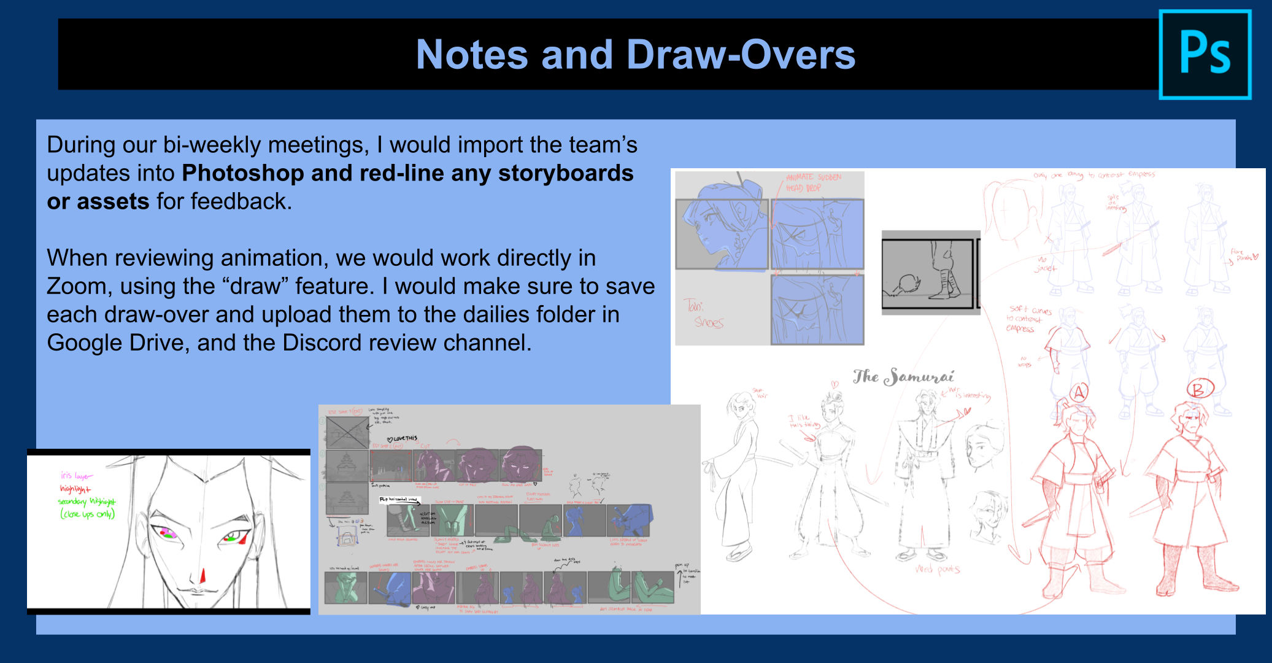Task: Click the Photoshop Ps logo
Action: [x=1205, y=55]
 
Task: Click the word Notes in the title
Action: [x=471, y=55]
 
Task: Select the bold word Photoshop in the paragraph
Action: [x=242, y=173]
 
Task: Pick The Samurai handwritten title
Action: [x=903, y=376]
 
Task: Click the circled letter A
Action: [x=1079, y=392]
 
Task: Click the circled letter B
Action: [x=1197, y=389]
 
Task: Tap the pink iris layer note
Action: [x=76, y=476]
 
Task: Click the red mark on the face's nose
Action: [x=203, y=576]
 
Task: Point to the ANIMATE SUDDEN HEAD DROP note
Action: [x=813, y=182]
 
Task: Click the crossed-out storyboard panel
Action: [x=347, y=433]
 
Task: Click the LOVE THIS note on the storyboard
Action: [x=404, y=438]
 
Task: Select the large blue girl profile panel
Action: [x=722, y=234]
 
